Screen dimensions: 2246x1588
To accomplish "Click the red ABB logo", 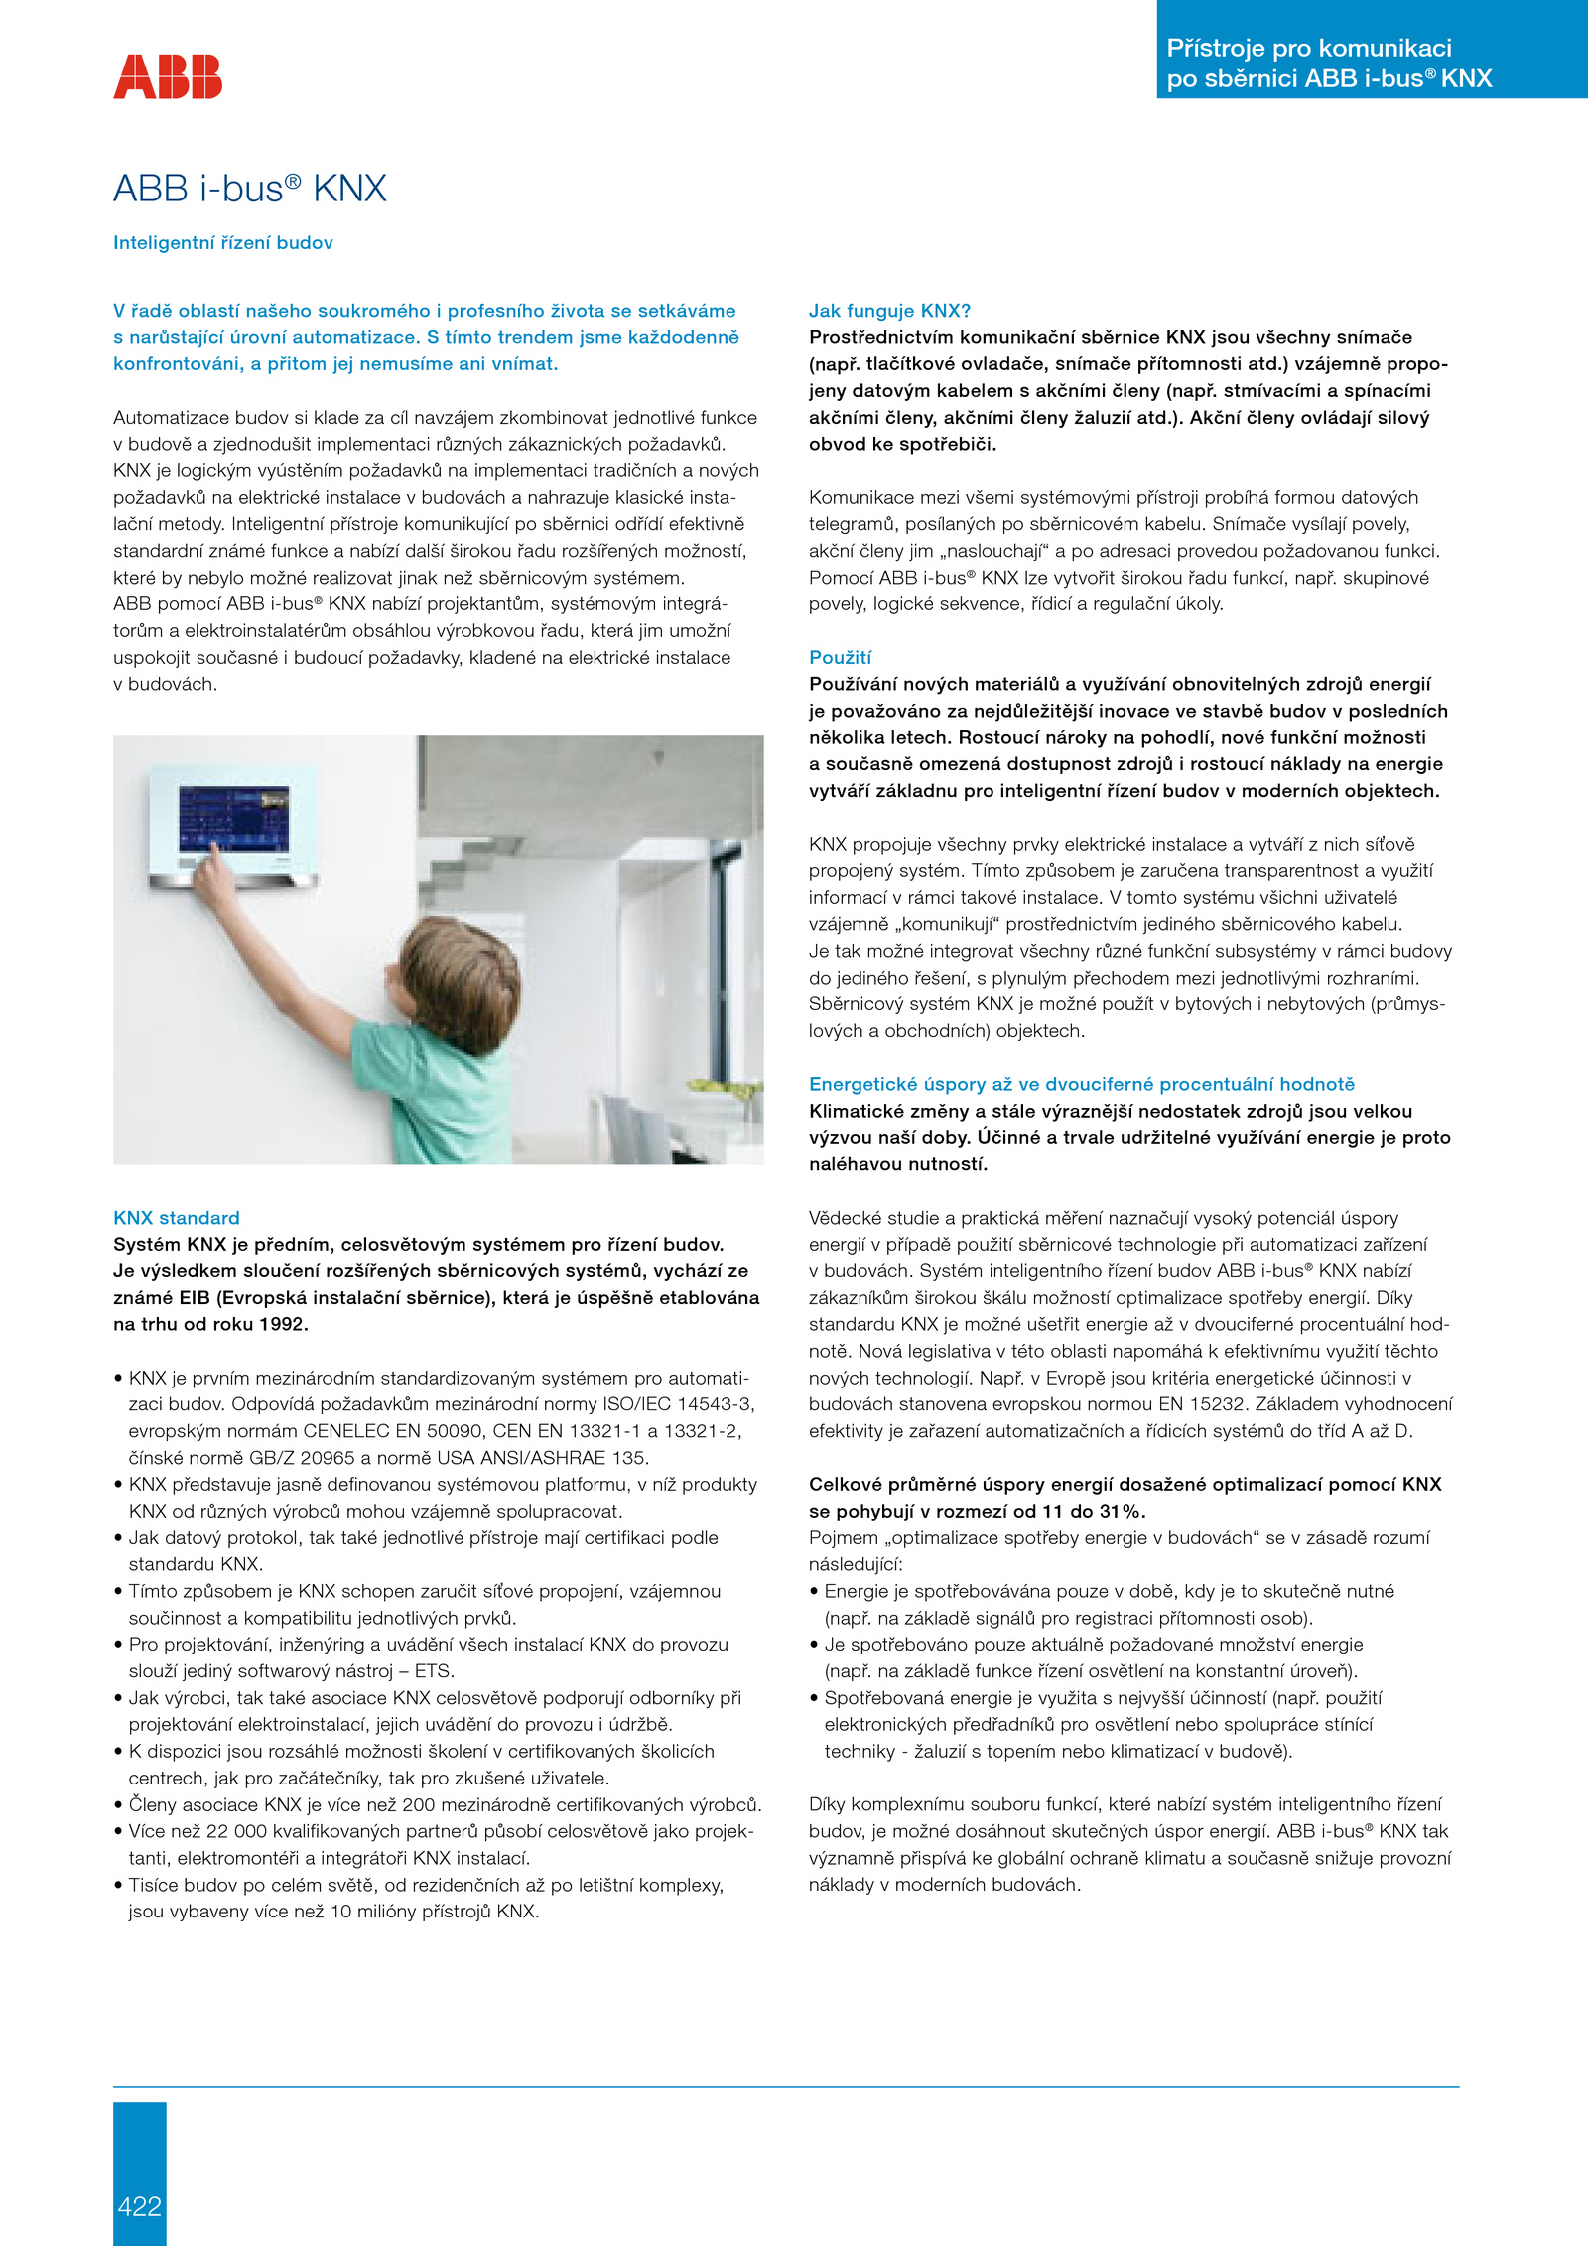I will coord(168,76).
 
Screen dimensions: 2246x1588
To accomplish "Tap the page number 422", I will coord(139,2205).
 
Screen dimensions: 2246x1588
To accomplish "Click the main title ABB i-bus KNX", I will coord(249,188).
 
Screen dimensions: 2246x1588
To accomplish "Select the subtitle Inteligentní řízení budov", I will coord(223,243).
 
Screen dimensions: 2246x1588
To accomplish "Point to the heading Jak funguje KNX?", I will coord(889,311).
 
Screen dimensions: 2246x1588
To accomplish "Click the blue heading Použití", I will coord(840,657).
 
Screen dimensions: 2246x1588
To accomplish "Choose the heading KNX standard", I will coord(177,1218).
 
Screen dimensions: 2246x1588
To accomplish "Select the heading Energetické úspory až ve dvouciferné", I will coord(1081,1084).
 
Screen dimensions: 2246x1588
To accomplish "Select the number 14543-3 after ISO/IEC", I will coord(716,1404).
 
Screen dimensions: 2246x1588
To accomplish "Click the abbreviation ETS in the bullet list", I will coord(433,1671).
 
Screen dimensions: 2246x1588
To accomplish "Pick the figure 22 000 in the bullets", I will coord(233,1831).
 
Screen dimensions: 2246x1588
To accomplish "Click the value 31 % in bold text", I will coord(1123,1511).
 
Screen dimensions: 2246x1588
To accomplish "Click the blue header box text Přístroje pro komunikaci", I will coord(1308,48).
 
